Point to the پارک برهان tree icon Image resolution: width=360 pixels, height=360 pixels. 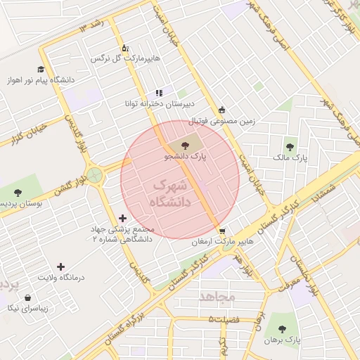[282, 328]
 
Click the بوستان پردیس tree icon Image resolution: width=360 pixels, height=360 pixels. [18, 193]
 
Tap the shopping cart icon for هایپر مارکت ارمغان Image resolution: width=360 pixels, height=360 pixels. [222, 231]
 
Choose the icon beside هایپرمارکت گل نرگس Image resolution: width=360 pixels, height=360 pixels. [125, 48]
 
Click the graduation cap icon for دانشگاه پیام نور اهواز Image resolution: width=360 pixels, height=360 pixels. [41, 70]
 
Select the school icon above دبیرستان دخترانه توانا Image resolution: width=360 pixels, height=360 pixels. [160, 92]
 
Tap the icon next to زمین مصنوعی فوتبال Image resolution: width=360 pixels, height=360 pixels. [222, 110]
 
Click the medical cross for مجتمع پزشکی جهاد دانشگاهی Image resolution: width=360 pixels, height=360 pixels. [124, 219]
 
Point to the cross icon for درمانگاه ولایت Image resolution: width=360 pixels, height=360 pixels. [61, 266]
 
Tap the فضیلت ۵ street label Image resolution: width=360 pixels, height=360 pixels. [224, 320]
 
